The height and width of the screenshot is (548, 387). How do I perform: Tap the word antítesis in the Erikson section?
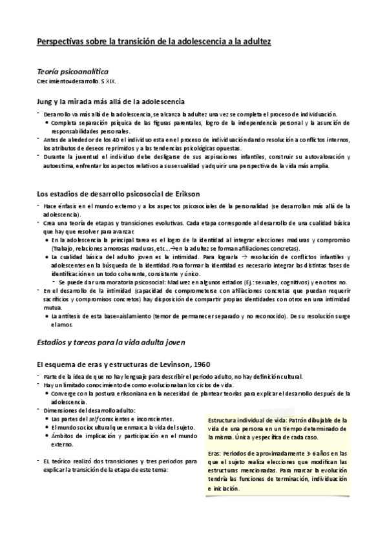click(x=71, y=315)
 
